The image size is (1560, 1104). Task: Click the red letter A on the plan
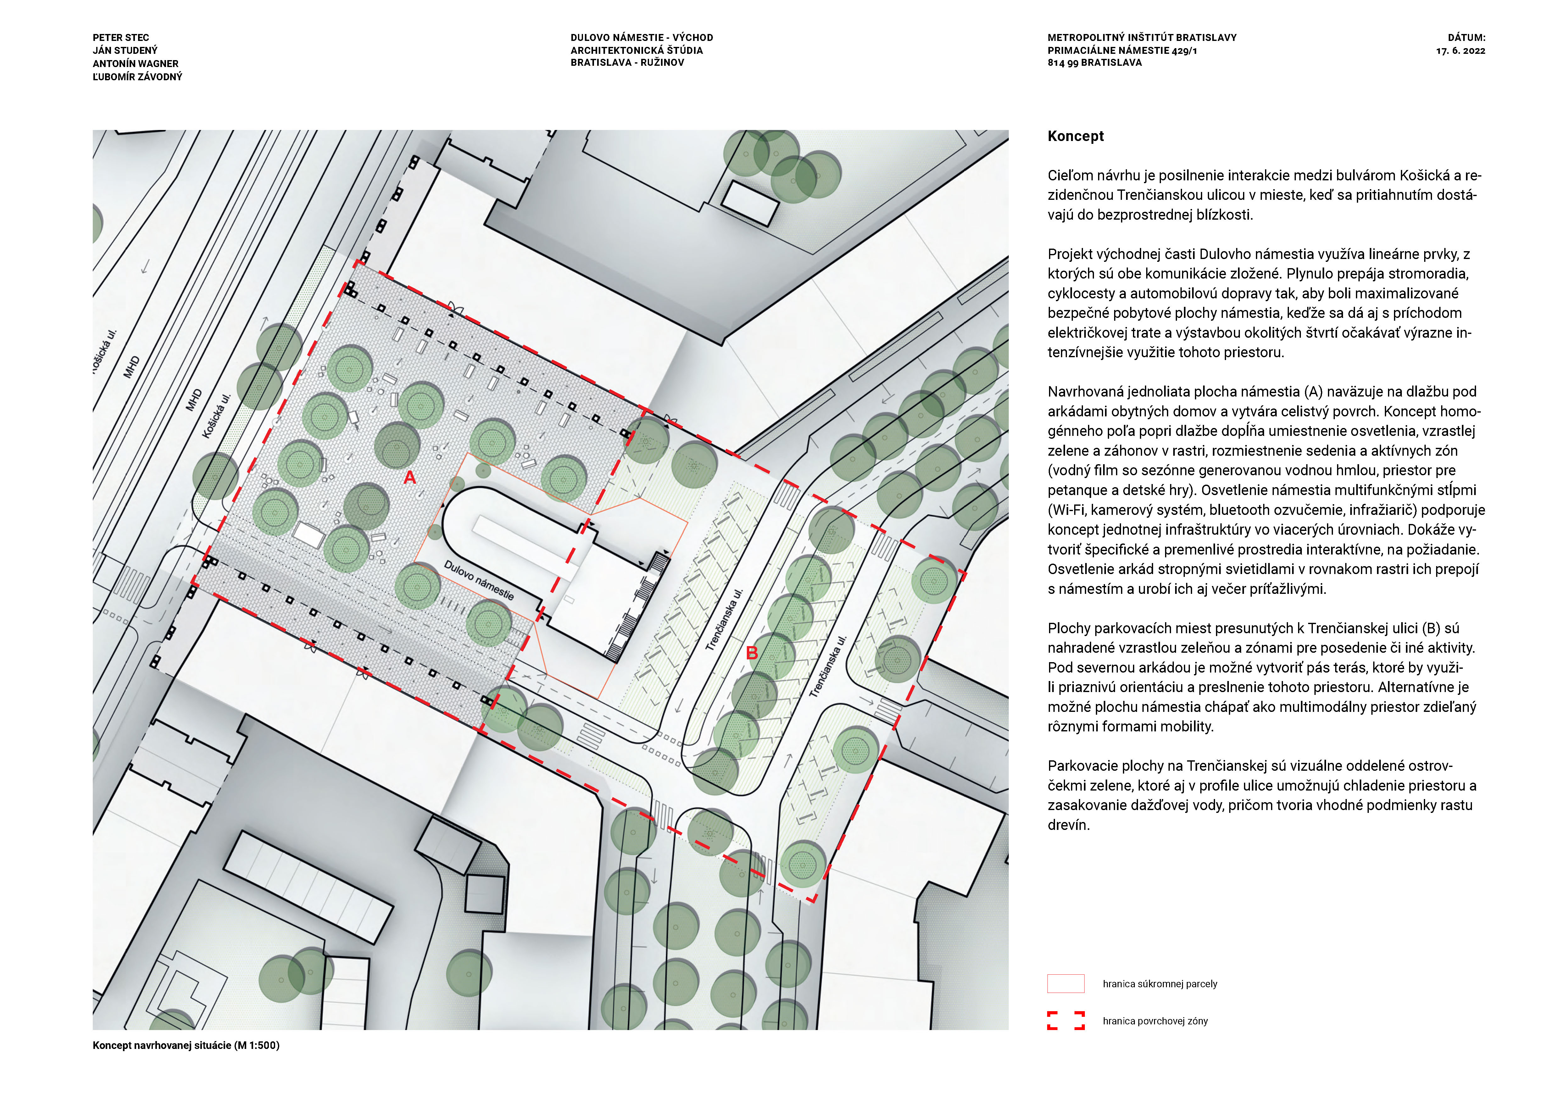pyautogui.click(x=410, y=478)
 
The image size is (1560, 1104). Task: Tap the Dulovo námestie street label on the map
pyautogui.click(x=479, y=580)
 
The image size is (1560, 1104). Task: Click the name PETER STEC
pyautogui.click(x=121, y=37)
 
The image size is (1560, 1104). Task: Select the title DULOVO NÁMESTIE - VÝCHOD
pyautogui.click(x=641, y=37)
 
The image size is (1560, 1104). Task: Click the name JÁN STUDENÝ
pyautogui.click(x=125, y=50)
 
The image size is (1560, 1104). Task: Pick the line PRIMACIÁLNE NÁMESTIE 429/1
pyautogui.click(x=1122, y=50)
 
